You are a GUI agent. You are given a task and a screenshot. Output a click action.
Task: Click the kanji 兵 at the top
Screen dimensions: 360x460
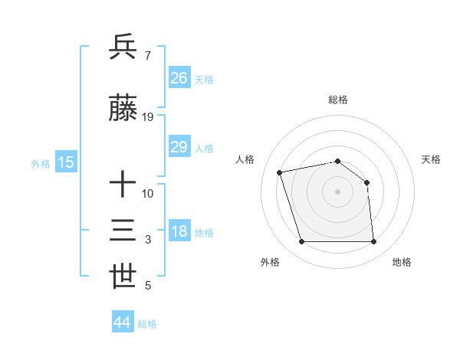pos(123,47)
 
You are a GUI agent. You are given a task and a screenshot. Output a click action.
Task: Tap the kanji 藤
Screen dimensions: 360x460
pos(123,110)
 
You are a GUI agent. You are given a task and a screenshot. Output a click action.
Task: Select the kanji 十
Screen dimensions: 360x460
pos(123,185)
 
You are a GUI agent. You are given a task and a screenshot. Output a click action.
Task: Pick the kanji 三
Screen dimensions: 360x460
pos(123,231)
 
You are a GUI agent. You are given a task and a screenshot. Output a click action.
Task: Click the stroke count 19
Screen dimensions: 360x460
pos(148,117)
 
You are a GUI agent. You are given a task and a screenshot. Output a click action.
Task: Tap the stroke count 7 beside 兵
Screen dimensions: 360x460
pos(147,55)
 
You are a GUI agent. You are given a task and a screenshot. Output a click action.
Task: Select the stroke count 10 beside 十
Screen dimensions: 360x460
pos(148,193)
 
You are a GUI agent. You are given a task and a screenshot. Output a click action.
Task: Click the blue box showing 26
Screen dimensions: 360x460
pos(179,77)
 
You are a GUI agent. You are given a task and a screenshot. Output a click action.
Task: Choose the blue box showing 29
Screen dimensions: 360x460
pos(179,147)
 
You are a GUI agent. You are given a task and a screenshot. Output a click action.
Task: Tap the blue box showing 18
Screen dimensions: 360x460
pos(179,231)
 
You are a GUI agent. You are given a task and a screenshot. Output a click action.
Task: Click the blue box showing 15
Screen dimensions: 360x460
pos(65,162)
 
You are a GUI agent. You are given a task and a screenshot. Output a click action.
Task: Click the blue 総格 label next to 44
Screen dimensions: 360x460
pos(148,324)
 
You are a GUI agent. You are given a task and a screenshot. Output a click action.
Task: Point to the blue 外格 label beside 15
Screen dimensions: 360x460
pos(41,163)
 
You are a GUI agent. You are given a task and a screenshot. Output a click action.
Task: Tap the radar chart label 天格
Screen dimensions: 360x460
pos(431,159)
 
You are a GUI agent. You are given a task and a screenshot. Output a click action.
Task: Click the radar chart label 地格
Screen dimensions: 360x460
pos(402,262)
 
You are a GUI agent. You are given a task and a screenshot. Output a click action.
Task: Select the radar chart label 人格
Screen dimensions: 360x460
pos(245,159)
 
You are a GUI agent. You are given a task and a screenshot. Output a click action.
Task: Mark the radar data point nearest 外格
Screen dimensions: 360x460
pos(301,242)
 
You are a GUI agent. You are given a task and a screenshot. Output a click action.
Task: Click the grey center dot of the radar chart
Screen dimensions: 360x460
pos(337,191)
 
